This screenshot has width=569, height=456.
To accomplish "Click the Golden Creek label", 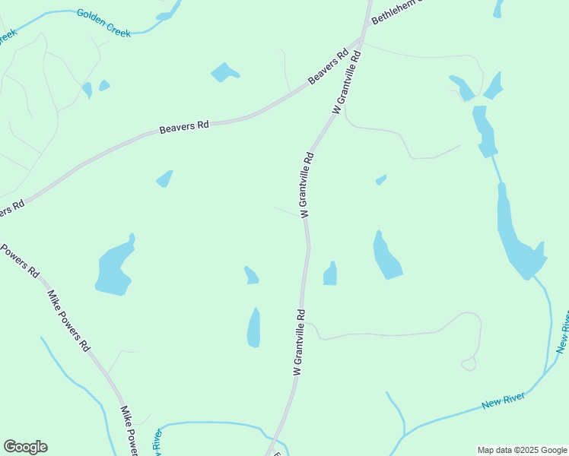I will [103, 24].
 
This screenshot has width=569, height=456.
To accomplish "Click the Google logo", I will [25, 447].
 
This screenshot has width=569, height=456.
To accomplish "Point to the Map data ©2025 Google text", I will [522, 450].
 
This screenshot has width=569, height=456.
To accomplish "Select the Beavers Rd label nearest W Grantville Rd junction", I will [328, 67].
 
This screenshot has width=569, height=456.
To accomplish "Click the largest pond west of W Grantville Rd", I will [115, 268].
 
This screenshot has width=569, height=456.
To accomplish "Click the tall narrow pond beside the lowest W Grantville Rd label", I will [253, 328].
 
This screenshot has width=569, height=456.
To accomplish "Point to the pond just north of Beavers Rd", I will [224, 72].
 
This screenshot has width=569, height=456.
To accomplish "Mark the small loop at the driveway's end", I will [469, 364].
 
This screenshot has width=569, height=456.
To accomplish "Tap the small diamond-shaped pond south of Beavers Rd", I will [164, 179].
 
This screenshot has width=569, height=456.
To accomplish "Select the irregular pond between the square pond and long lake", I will [386, 256].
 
